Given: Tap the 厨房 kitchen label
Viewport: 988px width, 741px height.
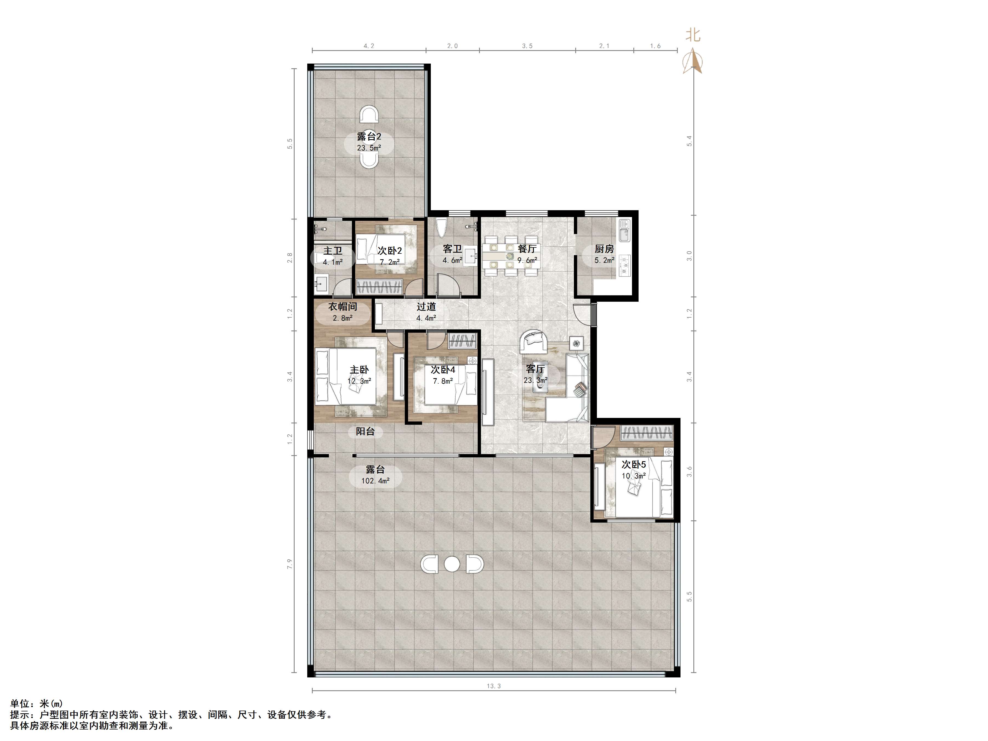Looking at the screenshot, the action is click(x=604, y=249).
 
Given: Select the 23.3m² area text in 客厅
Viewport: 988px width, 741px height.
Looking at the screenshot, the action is click(x=536, y=381).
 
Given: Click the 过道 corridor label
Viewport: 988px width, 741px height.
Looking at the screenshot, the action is click(x=426, y=307).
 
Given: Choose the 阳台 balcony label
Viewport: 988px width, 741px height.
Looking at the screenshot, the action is click(x=365, y=431).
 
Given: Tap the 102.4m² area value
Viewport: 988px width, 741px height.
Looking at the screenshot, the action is click(x=375, y=481).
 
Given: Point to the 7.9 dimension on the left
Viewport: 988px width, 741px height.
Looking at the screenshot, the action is click(x=290, y=564).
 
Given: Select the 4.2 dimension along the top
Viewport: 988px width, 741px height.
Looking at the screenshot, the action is click(x=369, y=46).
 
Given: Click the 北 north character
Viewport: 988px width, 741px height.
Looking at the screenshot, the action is click(x=693, y=35).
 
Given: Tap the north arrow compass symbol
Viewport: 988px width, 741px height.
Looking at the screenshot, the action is click(x=692, y=62).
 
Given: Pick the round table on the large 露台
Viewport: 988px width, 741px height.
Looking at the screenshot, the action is click(x=452, y=564).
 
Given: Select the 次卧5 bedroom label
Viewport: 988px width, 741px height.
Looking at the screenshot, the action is click(x=634, y=464).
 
